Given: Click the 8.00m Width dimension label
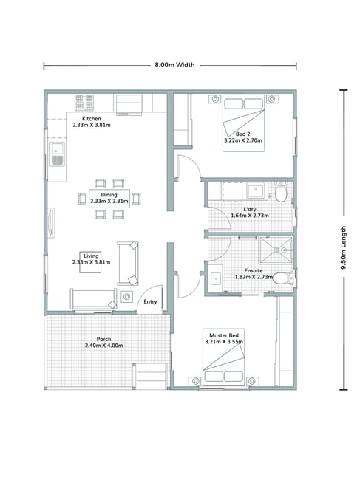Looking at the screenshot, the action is (x=174, y=65).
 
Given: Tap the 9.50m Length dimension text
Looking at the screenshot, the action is (x=344, y=247).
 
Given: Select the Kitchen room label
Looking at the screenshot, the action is (x=92, y=118).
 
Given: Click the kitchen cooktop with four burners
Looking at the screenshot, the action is (x=84, y=103).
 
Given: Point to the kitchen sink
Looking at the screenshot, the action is (x=57, y=154).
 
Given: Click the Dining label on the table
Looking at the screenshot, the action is (x=109, y=195).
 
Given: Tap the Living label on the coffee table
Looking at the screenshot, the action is (x=91, y=256).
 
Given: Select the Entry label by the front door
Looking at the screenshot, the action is (x=150, y=301).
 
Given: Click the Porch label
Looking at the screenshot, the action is (x=104, y=339).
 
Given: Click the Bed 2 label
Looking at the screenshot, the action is (x=243, y=134).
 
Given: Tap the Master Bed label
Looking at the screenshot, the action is (x=224, y=335).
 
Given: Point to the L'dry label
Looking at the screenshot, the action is (x=250, y=210).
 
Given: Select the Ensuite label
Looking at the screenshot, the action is (x=254, y=270).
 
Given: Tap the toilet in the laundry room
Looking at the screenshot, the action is (x=281, y=192).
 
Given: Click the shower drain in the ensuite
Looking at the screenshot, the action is (x=276, y=250).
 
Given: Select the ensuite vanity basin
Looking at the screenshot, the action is (x=216, y=279).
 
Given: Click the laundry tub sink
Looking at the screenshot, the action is (x=255, y=191).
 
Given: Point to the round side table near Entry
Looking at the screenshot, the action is (x=126, y=296).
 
